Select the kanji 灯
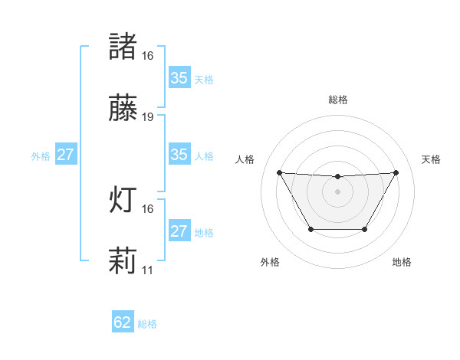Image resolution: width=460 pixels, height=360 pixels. (x=123, y=200)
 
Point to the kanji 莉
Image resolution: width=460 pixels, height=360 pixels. (x=123, y=261)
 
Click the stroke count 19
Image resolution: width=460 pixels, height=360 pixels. (x=148, y=117)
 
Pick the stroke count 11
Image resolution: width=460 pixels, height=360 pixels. (x=148, y=270)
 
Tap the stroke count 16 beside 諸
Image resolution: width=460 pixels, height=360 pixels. (x=148, y=56)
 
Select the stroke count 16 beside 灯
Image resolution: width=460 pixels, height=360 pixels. (x=148, y=208)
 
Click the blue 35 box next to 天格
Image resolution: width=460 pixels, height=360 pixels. (x=179, y=78)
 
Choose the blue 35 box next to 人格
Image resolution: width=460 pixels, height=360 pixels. (x=179, y=155)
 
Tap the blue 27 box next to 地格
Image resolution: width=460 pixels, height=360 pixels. (x=179, y=231)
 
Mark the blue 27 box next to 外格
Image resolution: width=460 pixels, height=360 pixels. (x=66, y=155)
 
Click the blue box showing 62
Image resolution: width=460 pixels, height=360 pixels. (x=123, y=322)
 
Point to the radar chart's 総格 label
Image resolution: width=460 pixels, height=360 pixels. (x=337, y=100)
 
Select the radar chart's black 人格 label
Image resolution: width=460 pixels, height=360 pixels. (x=245, y=159)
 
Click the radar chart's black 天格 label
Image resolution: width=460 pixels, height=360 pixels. (x=431, y=159)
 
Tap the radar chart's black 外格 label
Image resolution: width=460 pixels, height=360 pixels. (x=270, y=262)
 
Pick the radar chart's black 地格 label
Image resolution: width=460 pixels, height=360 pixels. (x=402, y=262)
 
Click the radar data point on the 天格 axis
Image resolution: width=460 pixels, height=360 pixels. (x=396, y=172)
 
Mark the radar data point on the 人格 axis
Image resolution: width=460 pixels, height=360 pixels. (x=279, y=172)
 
